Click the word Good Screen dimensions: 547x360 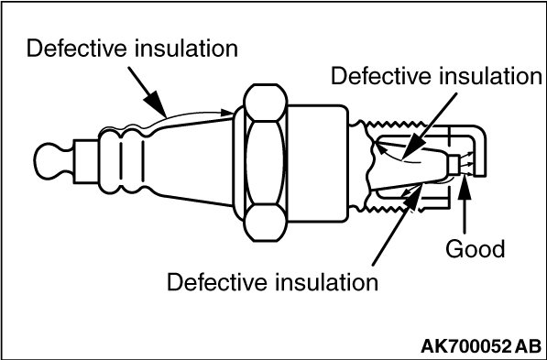476,249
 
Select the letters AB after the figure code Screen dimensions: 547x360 529,346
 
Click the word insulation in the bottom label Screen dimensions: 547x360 327,282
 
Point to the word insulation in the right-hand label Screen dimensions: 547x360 490,76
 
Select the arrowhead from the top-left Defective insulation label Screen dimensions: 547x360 156,104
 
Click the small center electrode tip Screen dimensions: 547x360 454,164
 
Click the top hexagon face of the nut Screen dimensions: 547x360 266,103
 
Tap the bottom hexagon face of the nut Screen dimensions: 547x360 266,223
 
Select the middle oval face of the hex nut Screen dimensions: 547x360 265,162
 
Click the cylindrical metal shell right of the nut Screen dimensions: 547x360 317,163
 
